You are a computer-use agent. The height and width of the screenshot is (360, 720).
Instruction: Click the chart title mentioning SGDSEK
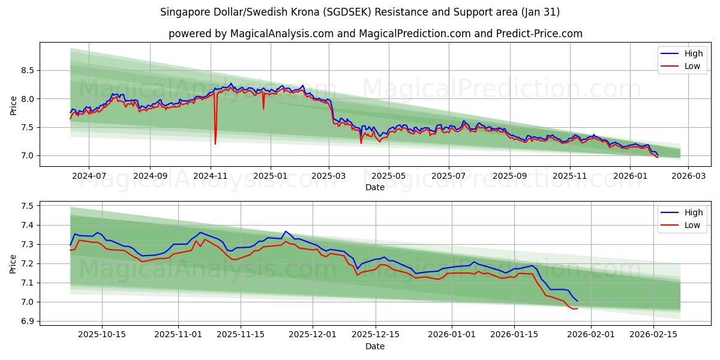pyautogui.click(x=360, y=12)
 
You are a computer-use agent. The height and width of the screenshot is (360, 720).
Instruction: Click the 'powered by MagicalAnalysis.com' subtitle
pyautogui.click(x=375, y=34)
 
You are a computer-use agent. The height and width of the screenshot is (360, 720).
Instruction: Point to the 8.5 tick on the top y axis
pyautogui.click(x=27, y=70)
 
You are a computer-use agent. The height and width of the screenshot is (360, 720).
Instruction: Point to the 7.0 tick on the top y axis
pyautogui.click(x=27, y=155)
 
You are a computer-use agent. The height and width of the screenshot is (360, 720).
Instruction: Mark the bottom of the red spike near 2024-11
pyautogui.click(x=215, y=144)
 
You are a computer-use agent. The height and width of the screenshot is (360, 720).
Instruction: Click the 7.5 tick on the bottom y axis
pyautogui.click(x=27, y=206)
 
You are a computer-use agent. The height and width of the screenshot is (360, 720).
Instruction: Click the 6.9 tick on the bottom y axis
pyautogui.click(x=27, y=321)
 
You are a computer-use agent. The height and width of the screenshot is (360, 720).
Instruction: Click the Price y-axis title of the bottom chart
pyautogui.click(x=13, y=263)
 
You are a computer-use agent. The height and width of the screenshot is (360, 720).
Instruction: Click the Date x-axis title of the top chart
pyautogui.click(x=375, y=187)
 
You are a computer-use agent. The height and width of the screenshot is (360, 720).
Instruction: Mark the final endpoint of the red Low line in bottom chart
pyautogui.click(x=577, y=308)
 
